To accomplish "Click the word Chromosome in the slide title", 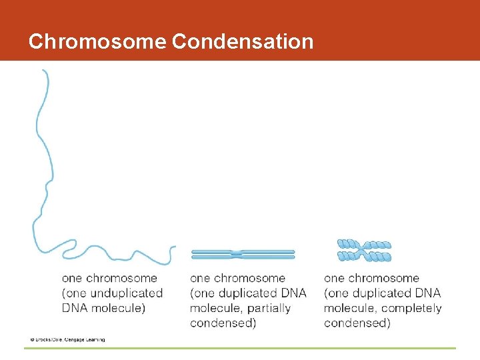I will point(97,41).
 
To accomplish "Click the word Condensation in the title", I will point(243,41).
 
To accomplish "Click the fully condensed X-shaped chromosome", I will point(364,251).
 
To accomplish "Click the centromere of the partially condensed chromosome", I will point(237,254).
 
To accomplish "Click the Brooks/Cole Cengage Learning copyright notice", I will point(67,340).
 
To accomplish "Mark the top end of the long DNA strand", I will point(44,71).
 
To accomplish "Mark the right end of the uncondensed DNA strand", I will point(174,248).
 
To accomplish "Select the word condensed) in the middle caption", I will point(223,323).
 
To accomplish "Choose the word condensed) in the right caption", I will point(357,323).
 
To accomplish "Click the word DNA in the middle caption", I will point(292,293).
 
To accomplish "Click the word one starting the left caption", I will point(72,279).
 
